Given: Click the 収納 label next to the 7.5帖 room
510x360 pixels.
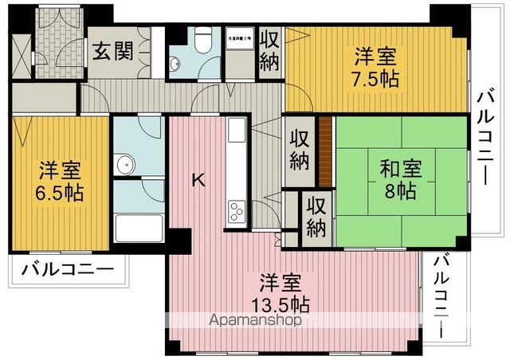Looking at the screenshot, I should pos(269,50).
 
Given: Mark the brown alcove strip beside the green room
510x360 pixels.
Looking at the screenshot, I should pos(326,149).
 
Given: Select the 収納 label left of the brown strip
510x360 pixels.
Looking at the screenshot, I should pos(299,149).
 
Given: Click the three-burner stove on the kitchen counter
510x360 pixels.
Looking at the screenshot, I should pos(237,211).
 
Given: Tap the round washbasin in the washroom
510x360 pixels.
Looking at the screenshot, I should pos(124,165).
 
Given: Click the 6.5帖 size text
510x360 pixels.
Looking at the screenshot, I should pos(61,193).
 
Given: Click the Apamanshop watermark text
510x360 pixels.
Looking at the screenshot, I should pos(255,321).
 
